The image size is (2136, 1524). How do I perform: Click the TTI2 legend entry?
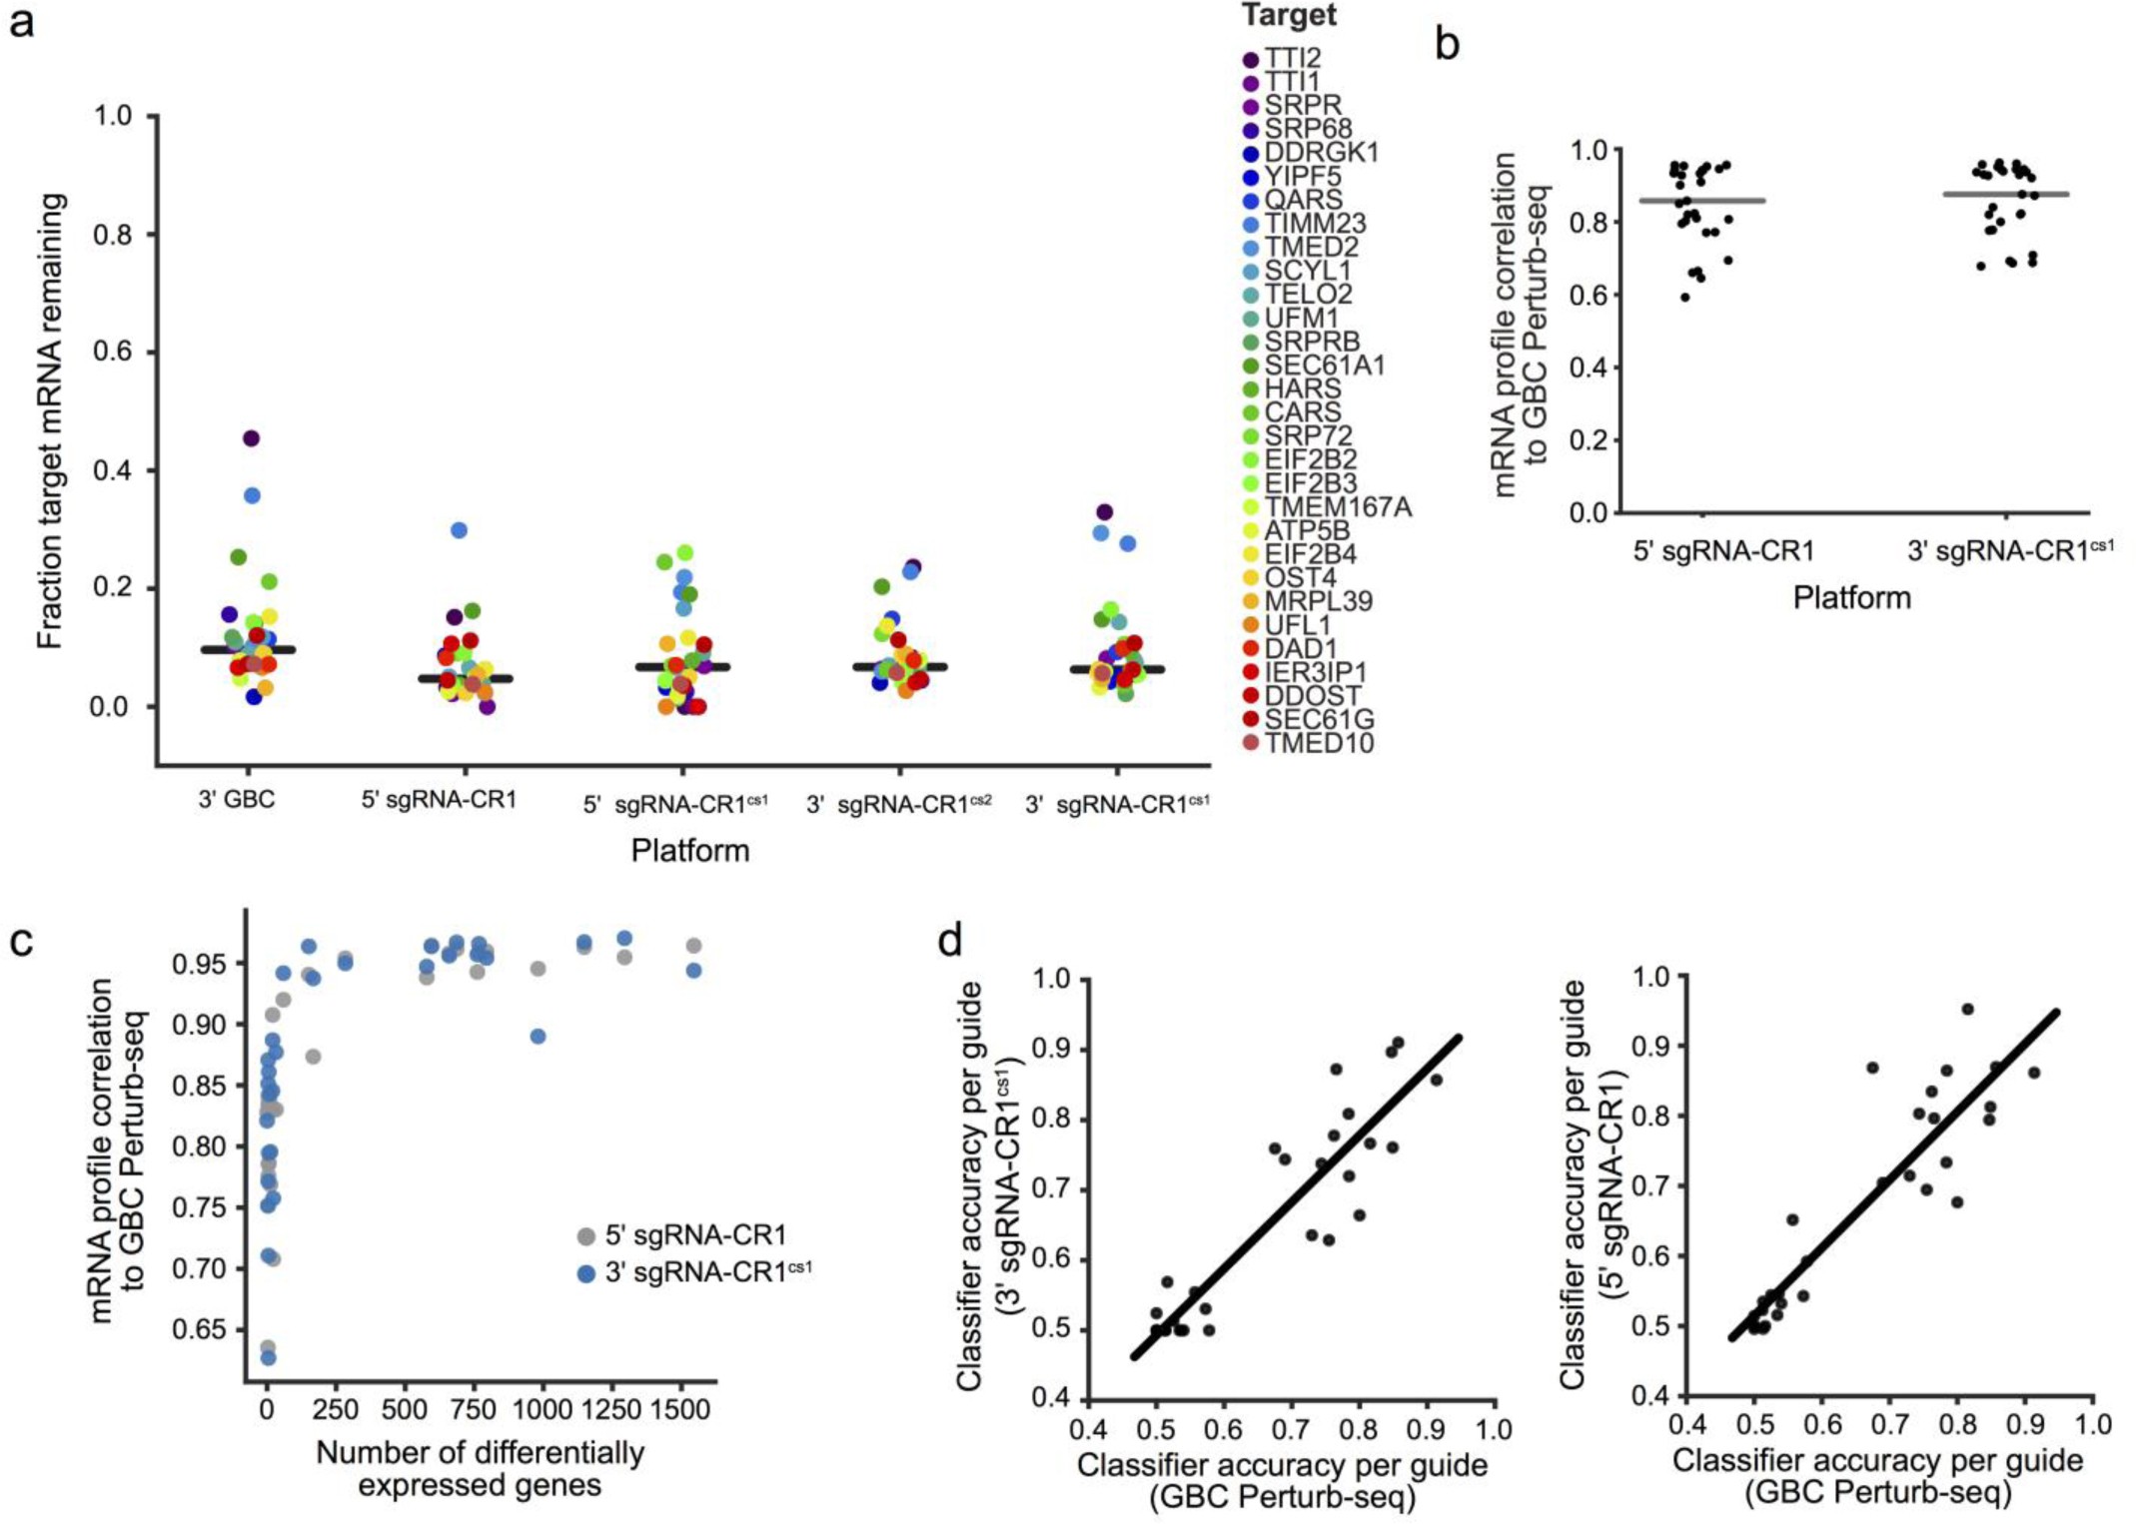click(1292, 59)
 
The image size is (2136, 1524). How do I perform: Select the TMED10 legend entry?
click(1318, 743)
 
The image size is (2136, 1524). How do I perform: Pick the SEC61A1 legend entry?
click(1324, 366)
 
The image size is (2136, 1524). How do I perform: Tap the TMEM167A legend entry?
click(1337, 507)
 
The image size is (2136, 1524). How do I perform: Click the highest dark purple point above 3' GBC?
click(252, 438)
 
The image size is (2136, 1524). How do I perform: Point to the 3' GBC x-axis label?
click(237, 800)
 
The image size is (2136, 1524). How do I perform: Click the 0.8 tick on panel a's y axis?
click(113, 235)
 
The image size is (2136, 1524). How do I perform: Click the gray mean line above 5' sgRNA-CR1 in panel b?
click(1702, 201)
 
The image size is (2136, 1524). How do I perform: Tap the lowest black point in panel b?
click(1685, 297)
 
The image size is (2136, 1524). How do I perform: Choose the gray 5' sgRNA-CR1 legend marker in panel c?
click(586, 1236)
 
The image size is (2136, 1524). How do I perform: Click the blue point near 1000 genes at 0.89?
click(538, 1037)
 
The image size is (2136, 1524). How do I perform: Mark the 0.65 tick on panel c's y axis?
click(199, 1329)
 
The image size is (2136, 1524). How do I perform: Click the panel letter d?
click(950, 942)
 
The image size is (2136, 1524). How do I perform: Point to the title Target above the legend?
click(1289, 15)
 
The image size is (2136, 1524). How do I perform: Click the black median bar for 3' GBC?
click(248, 650)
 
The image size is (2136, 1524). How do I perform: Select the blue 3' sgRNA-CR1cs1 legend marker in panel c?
click(586, 1273)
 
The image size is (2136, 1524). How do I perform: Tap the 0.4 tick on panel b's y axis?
click(1589, 368)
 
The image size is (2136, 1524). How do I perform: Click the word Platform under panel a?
click(689, 850)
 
